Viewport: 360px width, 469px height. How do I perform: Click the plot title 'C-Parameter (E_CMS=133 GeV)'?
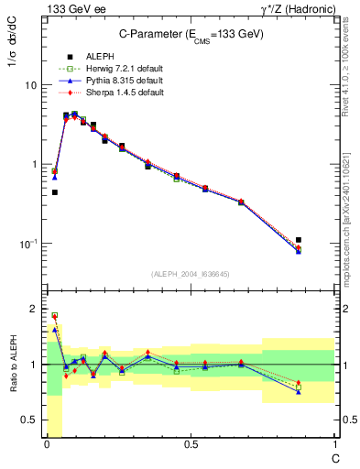tap(188, 36)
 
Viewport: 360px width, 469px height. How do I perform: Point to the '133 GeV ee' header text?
tap(70, 8)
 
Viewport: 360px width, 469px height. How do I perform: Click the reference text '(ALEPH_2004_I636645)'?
tap(190, 273)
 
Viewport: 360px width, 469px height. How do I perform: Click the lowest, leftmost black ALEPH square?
tap(55, 192)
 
